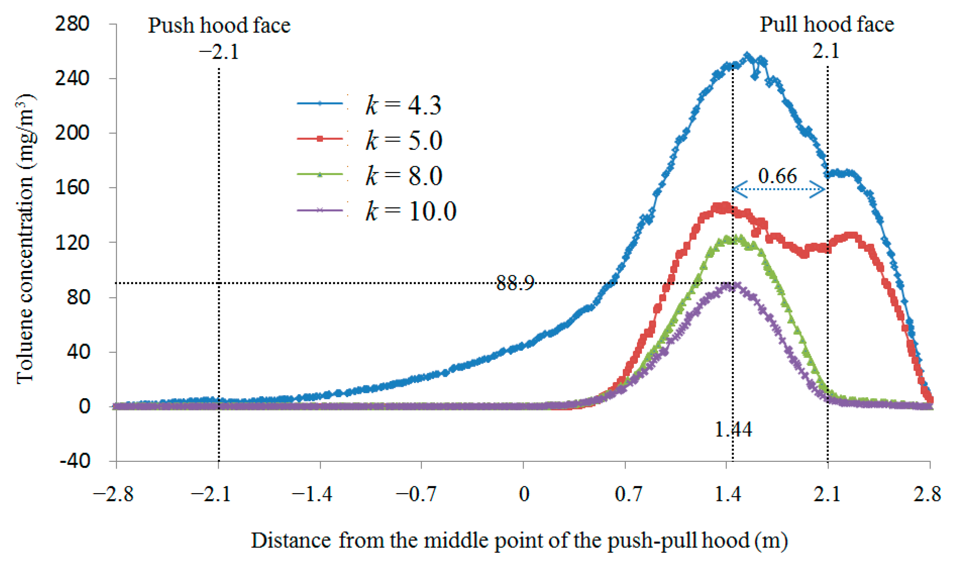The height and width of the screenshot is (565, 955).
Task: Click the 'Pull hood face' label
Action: click(826, 25)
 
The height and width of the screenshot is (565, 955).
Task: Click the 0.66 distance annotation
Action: click(777, 176)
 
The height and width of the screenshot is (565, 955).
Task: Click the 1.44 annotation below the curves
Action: click(733, 430)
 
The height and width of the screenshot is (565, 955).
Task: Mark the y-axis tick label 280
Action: click(72, 24)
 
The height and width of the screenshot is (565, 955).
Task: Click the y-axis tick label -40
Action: click(75, 461)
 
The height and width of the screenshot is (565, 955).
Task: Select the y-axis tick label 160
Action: click(72, 187)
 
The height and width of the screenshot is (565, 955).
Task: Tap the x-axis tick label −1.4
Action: click(312, 495)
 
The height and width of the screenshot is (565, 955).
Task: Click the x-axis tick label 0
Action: click(524, 495)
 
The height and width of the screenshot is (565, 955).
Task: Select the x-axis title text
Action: click(519, 541)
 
